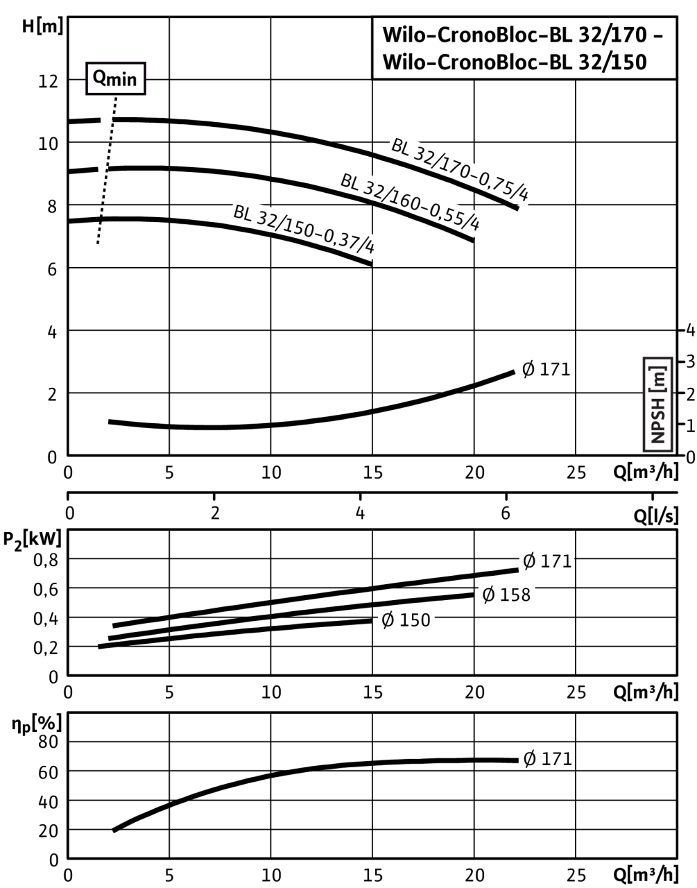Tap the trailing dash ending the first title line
coord(658,35)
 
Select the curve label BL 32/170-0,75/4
coord(461,170)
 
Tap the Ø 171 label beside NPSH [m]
coord(547,370)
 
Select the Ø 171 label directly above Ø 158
coord(547,561)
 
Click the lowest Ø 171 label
coord(547,759)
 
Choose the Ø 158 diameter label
coord(506,595)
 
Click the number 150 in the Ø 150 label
coord(415,620)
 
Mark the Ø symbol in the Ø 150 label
coord(388,620)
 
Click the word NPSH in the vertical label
coord(657,419)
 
